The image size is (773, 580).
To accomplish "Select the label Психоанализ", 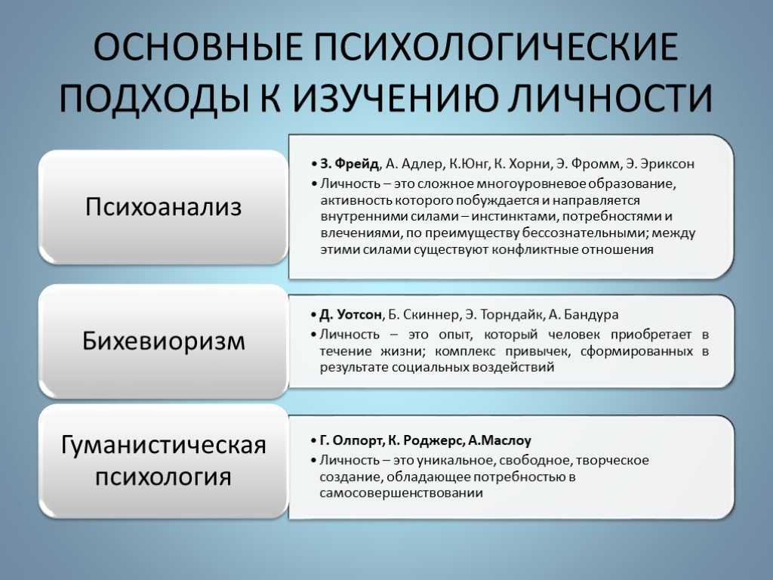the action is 163,206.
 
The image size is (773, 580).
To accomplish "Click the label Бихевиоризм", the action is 163,341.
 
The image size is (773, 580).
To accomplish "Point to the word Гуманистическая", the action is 163,446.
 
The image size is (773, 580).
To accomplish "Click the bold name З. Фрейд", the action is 350,164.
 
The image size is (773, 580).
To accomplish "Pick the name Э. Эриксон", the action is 660,164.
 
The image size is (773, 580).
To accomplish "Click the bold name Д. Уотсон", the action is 350,315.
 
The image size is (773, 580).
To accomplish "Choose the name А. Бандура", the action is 584,315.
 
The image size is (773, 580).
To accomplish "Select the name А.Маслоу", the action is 500,440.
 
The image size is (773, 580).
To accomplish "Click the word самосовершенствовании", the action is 402,493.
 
